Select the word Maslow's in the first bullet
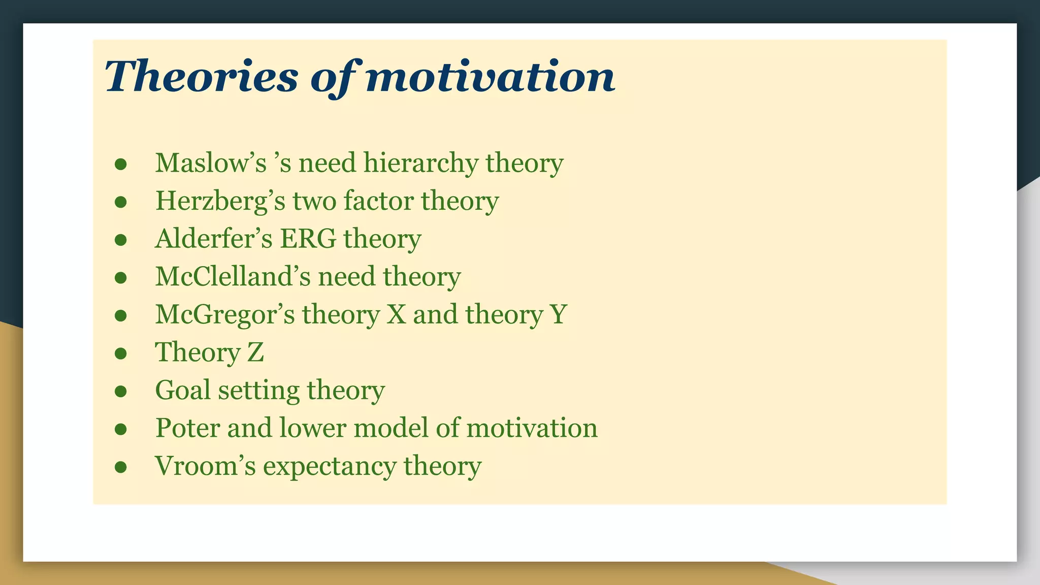(211, 163)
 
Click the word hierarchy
(420, 164)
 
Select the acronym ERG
(308, 239)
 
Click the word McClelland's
(233, 277)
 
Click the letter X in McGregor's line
(396, 314)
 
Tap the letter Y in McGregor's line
(558, 314)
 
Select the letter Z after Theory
(255, 352)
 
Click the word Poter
(187, 428)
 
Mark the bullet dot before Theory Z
(120, 353)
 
